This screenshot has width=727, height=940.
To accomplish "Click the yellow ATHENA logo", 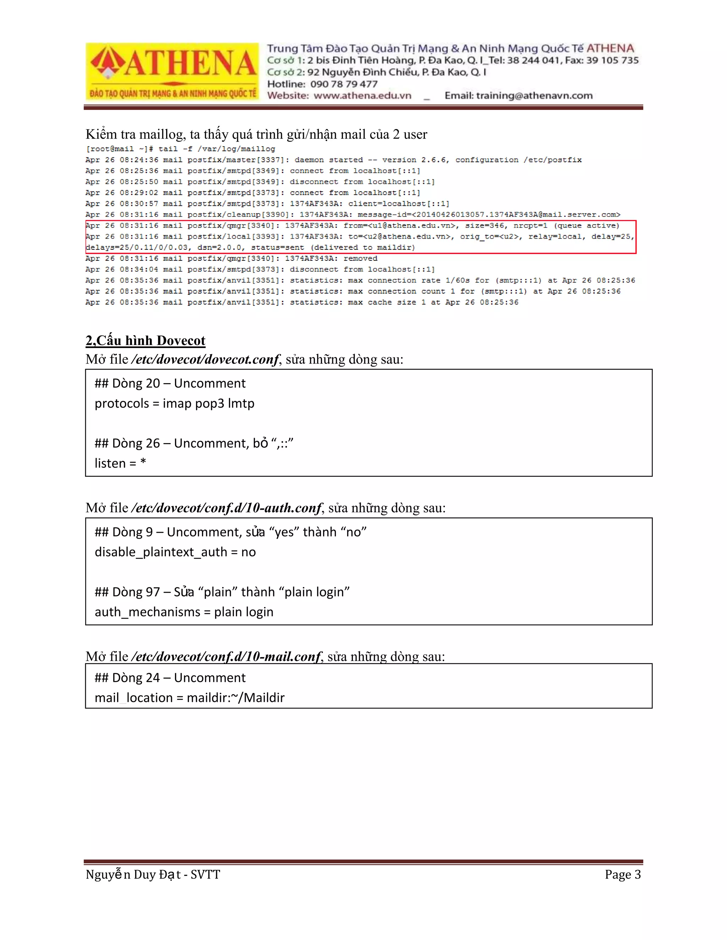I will pyautogui.click(x=172, y=71).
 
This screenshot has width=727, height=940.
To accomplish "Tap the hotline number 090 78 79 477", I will pyautogui.click(x=344, y=84).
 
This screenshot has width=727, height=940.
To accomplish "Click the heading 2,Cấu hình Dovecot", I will pyautogui.click(x=145, y=341).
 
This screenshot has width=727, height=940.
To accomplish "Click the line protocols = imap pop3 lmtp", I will pyautogui.click(x=174, y=403).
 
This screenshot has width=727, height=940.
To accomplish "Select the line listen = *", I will pyautogui.click(x=120, y=463).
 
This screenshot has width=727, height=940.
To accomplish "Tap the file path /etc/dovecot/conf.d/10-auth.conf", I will pyautogui.click(x=226, y=508).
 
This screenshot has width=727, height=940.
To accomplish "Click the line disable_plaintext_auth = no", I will pyautogui.click(x=175, y=552).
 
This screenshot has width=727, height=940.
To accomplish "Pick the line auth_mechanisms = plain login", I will pyautogui.click(x=184, y=612).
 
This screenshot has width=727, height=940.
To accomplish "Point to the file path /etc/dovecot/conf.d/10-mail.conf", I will pyautogui.click(x=226, y=656).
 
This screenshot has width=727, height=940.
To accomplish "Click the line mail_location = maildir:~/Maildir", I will pyautogui.click(x=190, y=697).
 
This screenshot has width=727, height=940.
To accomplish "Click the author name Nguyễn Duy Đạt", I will pyautogui.click(x=133, y=875).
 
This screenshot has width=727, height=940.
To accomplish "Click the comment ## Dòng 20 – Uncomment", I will pyautogui.click(x=170, y=383).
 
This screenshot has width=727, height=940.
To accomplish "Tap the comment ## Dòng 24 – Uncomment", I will pyautogui.click(x=170, y=678).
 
